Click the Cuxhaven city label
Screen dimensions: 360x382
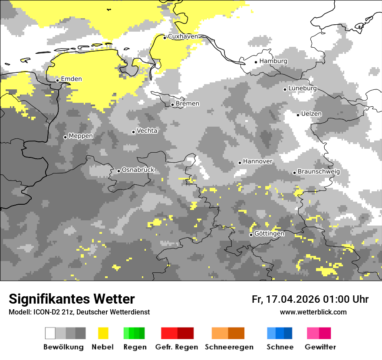(x=183, y=36)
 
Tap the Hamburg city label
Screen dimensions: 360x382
(x=273, y=61)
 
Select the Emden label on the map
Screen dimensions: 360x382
(x=71, y=79)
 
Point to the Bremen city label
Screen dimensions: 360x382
(x=188, y=104)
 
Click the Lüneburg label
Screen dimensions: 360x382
(x=303, y=88)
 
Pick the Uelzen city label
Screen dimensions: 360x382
(x=312, y=114)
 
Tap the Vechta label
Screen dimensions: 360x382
(x=147, y=131)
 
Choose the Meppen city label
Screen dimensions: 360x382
(x=81, y=136)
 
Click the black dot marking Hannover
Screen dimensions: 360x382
(x=240, y=163)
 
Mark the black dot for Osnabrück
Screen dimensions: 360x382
(x=119, y=171)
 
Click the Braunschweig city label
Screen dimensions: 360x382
(x=319, y=171)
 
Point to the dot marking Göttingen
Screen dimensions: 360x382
(x=251, y=235)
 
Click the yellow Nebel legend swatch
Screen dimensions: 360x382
(x=103, y=333)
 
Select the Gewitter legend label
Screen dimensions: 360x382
(x=320, y=347)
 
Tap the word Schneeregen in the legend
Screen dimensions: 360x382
(x=229, y=347)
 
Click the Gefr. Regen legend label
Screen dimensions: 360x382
(x=177, y=347)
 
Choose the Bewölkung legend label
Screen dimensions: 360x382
(x=63, y=347)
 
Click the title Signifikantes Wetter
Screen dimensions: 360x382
(x=72, y=299)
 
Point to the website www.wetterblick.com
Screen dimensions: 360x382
(x=313, y=312)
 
